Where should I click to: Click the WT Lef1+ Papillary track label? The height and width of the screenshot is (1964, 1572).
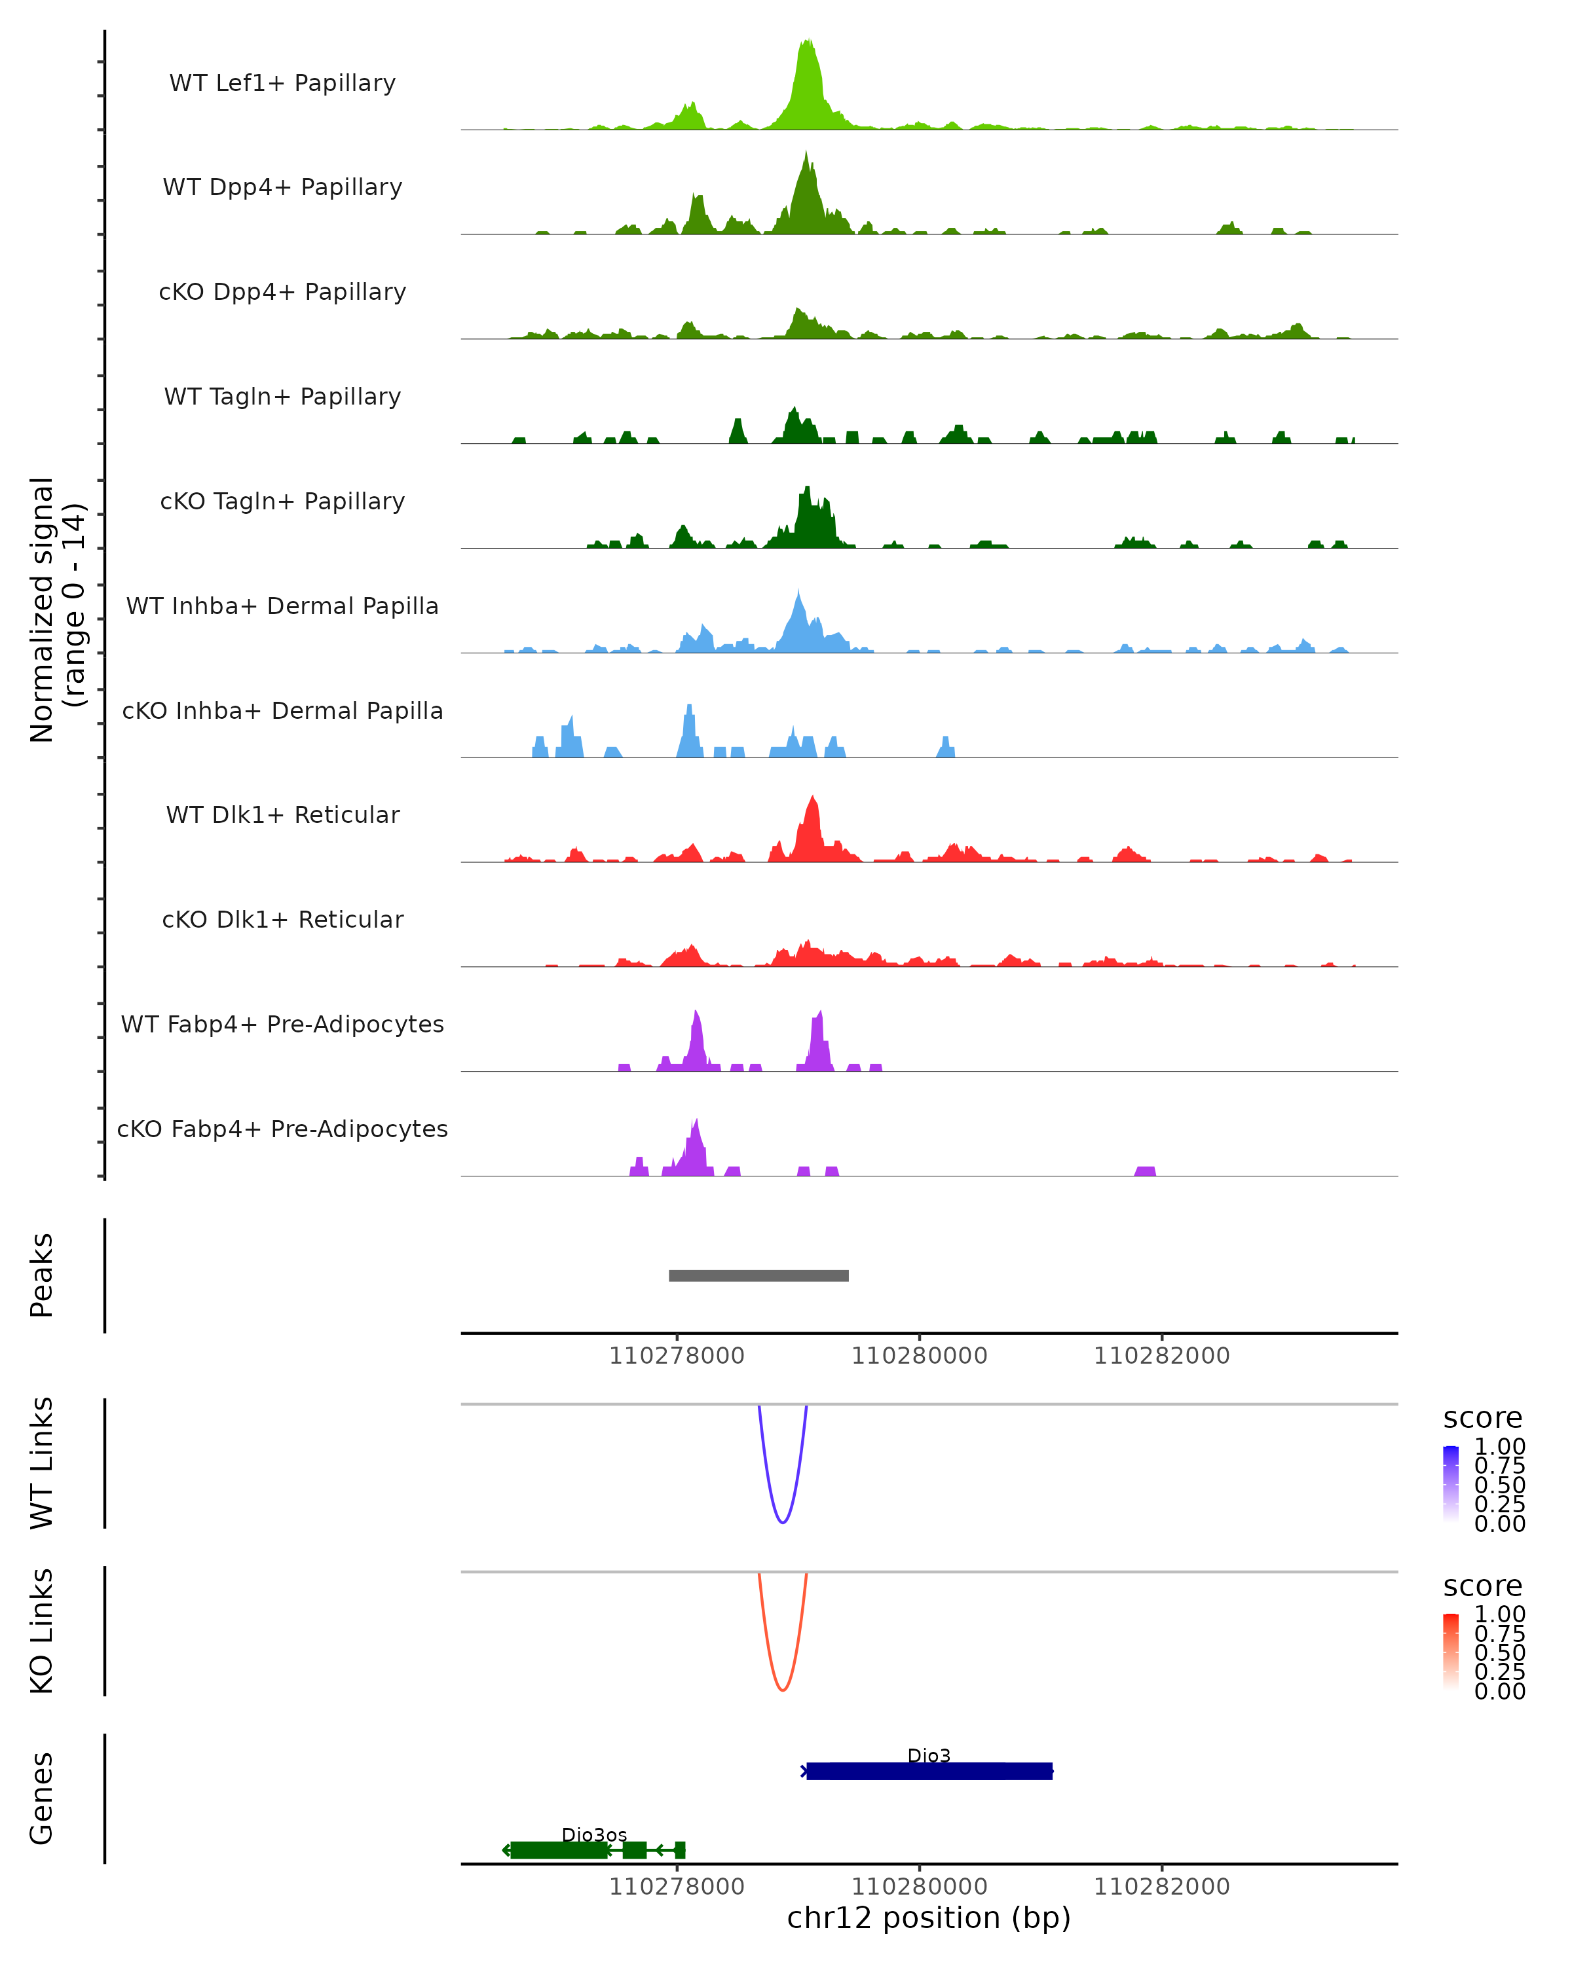[x=282, y=83]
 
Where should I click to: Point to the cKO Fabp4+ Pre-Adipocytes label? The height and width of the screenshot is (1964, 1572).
[x=282, y=1129]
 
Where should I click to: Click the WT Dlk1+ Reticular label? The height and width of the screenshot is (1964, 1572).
[x=282, y=814]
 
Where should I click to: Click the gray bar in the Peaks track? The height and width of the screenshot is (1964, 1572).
[x=758, y=1275]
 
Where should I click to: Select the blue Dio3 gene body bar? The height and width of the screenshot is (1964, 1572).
[x=929, y=1771]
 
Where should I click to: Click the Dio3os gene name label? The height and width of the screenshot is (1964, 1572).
[x=594, y=1834]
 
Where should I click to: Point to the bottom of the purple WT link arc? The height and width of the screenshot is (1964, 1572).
[x=782, y=1522]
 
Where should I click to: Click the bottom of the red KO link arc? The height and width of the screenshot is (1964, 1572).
[x=782, y=1690]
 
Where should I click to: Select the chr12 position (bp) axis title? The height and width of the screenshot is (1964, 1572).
[x=929, y=1918]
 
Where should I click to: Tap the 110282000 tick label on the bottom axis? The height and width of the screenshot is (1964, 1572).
[x=1161, y=1887]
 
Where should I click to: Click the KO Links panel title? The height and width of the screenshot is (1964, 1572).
[x=42, y=1631]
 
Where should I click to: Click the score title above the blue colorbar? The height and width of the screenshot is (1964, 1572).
[x=1482, y=1419]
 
